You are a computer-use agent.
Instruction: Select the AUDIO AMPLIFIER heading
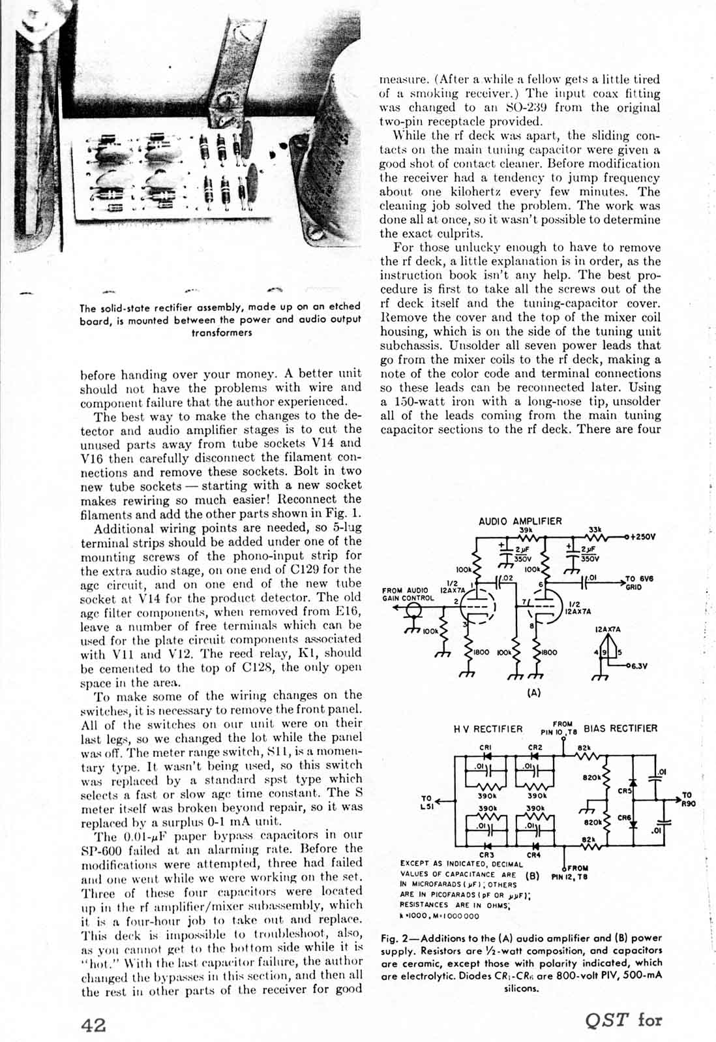point(520,521)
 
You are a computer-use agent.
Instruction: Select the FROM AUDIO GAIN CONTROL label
point(408,594)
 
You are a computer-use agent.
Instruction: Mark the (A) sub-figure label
point(533,694)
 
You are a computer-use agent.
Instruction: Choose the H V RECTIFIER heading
point(488,729)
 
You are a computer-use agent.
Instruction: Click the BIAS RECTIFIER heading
point(620,728)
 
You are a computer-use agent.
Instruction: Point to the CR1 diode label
point(485,748)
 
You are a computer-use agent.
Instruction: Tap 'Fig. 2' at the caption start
point(396,938)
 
